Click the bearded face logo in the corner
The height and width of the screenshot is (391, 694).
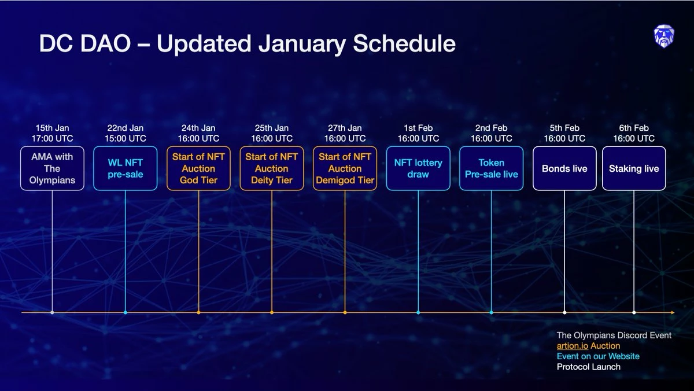[664, 36]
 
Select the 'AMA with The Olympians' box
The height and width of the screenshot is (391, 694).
[52, 168]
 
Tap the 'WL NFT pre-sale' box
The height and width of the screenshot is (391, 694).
[125, 168]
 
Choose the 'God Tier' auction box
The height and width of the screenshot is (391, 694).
[198, 168]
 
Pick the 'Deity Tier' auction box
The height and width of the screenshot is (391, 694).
[272, 168]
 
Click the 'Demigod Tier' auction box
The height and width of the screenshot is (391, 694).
[345, 168]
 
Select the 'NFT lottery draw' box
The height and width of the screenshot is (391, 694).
[418, 168]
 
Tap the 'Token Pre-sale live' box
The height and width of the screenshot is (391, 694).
[492, 168]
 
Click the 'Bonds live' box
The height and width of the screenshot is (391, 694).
[564, 168]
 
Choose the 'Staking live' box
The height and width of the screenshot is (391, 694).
[634, 168]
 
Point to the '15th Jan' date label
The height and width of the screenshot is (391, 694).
[52, 128]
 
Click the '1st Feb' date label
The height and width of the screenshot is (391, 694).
[418, 128]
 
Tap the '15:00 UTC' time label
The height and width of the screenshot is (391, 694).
[125, 138]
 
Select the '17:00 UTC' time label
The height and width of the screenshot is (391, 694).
[52, 138]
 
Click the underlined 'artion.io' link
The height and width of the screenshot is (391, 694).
[572, 346]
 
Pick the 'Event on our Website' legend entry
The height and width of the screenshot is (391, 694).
[598, 356]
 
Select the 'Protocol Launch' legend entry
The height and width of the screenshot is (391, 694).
[588, 367]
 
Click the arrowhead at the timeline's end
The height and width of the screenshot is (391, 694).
[673, 312]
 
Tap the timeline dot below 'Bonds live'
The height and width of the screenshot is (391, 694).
[564, 312]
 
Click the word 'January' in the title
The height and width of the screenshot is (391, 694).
[302, 44]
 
